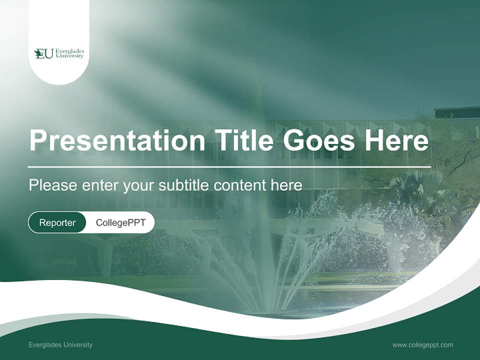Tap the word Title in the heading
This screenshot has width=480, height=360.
click(242, 141)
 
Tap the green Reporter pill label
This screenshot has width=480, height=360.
click(57, 222)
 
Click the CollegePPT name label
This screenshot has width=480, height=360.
click(120, 222)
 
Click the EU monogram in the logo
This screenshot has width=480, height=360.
click(43, 53)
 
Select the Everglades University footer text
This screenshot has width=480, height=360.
click(60, 344)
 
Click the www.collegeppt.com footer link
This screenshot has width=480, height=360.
click(422, 344)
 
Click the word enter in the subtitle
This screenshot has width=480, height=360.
click(100, 185)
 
